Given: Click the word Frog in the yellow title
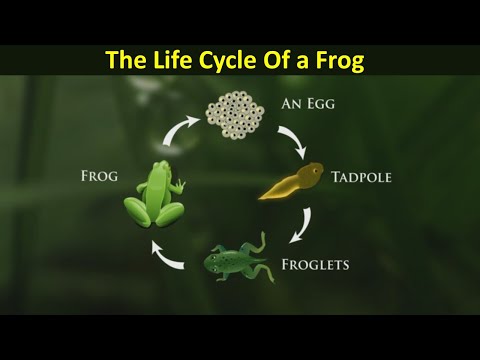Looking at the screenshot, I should [x=340, y=61].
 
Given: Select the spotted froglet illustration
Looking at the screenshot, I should [x=236, y=260].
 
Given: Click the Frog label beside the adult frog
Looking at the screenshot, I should [x=98, y=177].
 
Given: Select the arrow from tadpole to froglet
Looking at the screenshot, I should [x=297, y=224].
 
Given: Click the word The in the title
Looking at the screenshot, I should [x=127, y=61].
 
